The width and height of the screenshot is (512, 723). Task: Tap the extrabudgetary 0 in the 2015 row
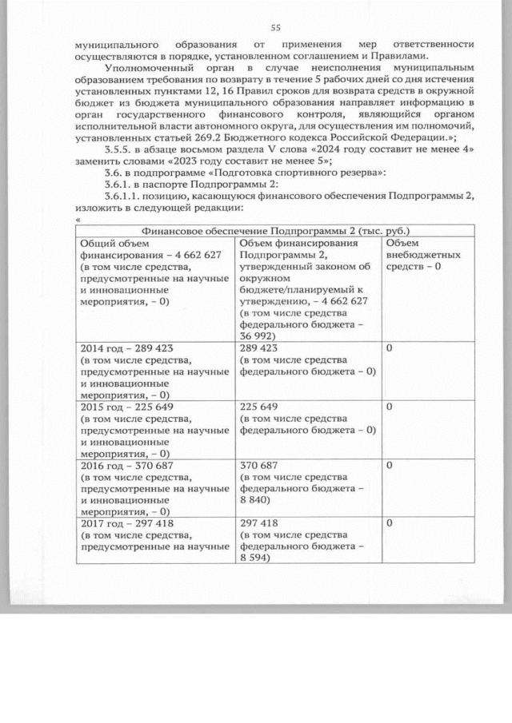(389, 407)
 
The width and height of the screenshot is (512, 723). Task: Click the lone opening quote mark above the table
(77, 220)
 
